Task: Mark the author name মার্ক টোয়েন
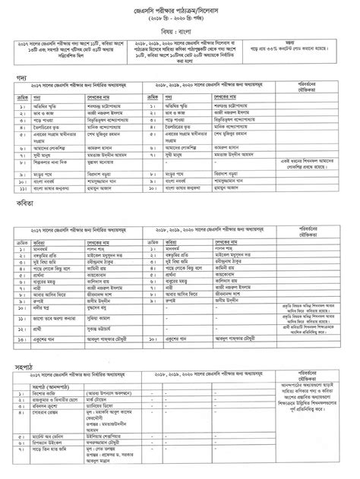[x=102, y=399]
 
